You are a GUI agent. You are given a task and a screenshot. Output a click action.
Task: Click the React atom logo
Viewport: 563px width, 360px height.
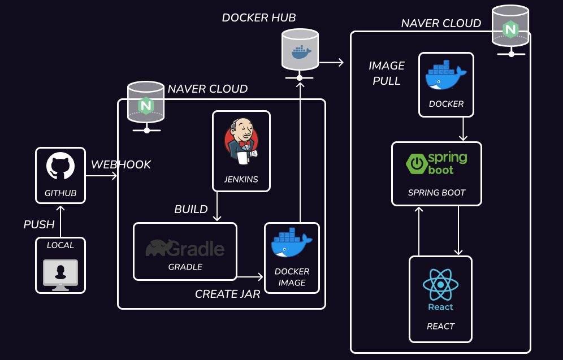point(440,285)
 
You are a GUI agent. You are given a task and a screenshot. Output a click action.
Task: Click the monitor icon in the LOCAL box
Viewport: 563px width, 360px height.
point(60,273)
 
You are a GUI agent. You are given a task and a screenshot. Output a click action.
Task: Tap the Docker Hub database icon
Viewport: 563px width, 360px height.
point(300,49)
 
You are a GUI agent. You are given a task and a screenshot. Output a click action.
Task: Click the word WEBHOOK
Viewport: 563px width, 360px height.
point(121,164)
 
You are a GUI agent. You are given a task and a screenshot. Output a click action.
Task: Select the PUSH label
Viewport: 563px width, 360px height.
point(39,224)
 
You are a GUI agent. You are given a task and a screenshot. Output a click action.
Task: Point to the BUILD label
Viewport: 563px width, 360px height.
point(191,210)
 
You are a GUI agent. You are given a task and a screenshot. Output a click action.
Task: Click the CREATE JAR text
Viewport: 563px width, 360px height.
point(227,294)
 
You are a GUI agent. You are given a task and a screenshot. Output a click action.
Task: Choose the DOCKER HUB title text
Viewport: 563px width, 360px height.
point(258,18)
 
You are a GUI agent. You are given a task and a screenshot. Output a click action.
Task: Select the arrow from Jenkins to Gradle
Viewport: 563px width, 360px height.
point(216,206)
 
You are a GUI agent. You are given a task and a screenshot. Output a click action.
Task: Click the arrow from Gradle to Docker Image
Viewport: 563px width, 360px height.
point(250,277)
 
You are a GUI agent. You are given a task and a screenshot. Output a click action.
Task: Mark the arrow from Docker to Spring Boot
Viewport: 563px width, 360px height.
point(463,129)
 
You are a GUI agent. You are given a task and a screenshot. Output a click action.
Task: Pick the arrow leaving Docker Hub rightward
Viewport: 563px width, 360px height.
point(332,62)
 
